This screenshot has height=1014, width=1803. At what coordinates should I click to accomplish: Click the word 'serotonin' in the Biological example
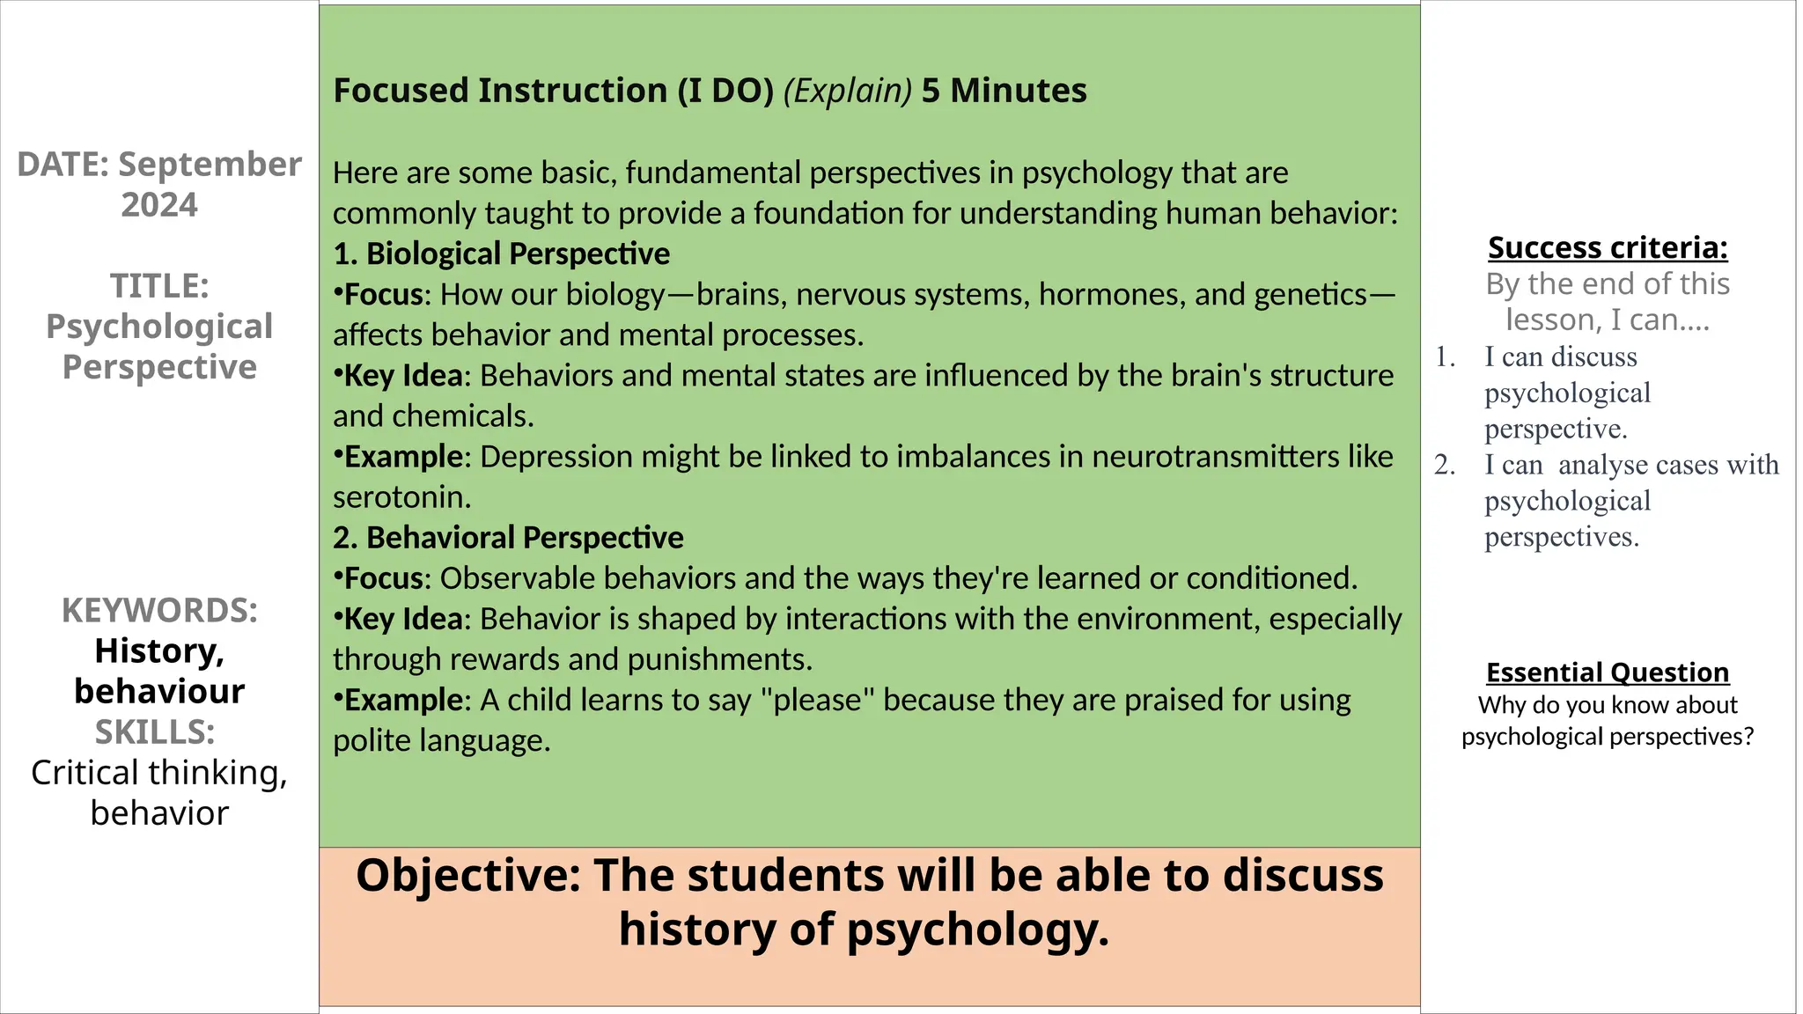pos(401,497)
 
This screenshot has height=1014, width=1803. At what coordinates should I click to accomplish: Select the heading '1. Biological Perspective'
pos(501,253)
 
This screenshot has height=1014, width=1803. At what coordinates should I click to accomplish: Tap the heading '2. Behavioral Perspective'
pos(508,538)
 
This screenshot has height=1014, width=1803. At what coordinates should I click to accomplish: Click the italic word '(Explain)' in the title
pos(847,91)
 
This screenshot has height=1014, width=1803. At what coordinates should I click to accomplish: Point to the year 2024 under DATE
pos(159,205)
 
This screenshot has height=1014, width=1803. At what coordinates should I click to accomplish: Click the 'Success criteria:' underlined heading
pos(1608,248)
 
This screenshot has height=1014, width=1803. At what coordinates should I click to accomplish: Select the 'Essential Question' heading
pos(1608,672)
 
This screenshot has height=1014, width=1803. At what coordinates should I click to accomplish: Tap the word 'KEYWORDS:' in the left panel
pos(159,611)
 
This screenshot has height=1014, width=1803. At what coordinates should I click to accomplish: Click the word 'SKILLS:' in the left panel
pos(155,732)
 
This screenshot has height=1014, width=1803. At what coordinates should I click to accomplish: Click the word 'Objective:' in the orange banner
pos(468,876)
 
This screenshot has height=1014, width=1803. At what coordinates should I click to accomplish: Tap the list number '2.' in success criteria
pos(1444,465)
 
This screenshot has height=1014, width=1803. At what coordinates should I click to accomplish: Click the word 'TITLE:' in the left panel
pos(159,286)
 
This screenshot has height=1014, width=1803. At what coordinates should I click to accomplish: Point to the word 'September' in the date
pos(210,165)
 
